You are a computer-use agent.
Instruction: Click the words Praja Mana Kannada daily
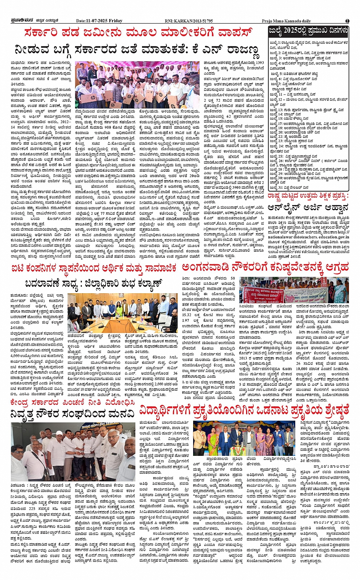286,21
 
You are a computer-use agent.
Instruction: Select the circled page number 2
347,21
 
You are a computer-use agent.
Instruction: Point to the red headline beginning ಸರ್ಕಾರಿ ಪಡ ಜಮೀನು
138,34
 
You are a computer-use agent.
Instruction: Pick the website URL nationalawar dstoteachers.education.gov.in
308,236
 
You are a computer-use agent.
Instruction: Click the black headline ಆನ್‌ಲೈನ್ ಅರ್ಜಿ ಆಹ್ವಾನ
308,208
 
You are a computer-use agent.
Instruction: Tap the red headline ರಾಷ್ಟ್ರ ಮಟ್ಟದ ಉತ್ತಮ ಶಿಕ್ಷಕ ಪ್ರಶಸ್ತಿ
308,196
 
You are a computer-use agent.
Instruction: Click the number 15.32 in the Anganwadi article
187,314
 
